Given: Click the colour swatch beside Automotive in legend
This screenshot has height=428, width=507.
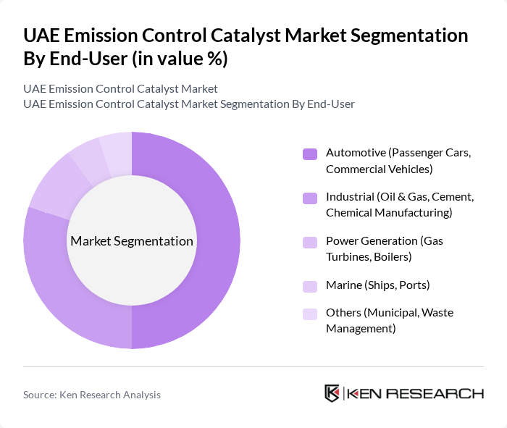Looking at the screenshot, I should click(x=310, y=154).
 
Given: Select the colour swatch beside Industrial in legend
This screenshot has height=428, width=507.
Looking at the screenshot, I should click(x=310, y=197).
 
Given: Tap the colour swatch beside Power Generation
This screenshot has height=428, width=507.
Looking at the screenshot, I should click(x=310, y=241).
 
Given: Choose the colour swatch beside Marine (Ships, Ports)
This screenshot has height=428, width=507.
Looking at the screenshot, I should click(x=310, y=285).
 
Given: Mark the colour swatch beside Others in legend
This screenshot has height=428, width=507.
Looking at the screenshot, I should click(x=310, y=313).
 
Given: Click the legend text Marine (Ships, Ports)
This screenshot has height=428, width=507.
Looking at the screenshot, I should click(x=377, y=285).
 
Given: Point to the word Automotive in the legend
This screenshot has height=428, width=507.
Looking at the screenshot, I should click(x=355, y=153).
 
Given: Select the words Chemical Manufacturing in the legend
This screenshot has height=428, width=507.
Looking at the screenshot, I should click(x=389, y=212).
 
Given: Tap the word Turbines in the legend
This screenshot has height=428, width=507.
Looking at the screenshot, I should click(x=348, y=256).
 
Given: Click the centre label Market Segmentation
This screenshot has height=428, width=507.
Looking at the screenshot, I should click(x=132, y=241).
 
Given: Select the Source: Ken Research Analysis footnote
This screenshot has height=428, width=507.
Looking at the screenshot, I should click(x=92, y=395).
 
